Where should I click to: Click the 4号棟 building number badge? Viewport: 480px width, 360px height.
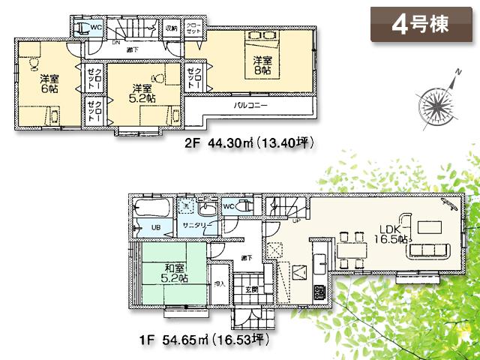coord(419,24)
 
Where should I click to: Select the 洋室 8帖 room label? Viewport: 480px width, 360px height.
coord(261,64)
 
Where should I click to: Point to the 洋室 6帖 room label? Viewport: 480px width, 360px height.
coord(49,82)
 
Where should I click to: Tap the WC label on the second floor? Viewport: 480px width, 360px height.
coord(96,28)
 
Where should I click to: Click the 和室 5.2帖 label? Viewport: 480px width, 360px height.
coord(175,274)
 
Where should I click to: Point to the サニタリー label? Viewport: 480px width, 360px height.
coord(196,226)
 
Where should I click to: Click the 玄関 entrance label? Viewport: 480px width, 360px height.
coord(250,289)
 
